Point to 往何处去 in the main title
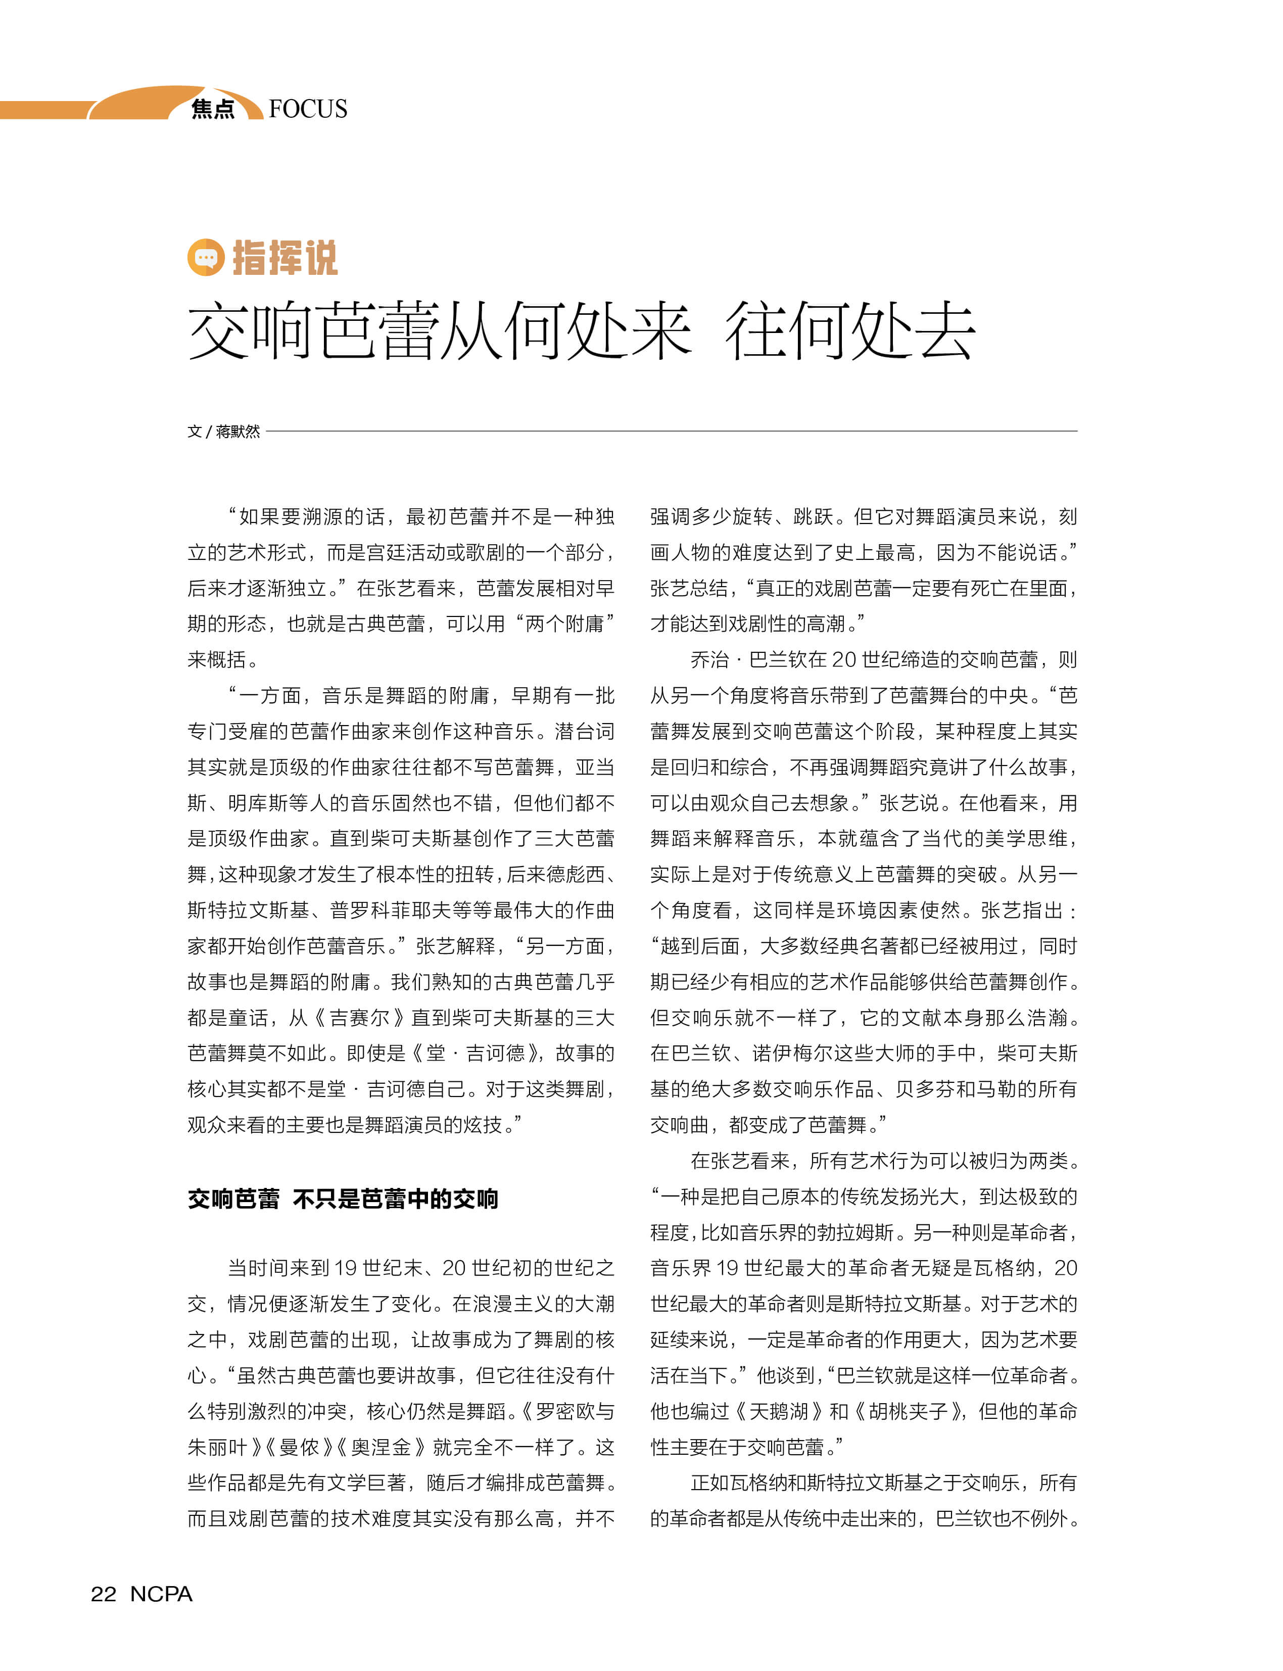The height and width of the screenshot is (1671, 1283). pyautogui.click(x=849, y=330)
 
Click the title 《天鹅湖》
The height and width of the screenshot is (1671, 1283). pyautogui.click(x=779, y=1411)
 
